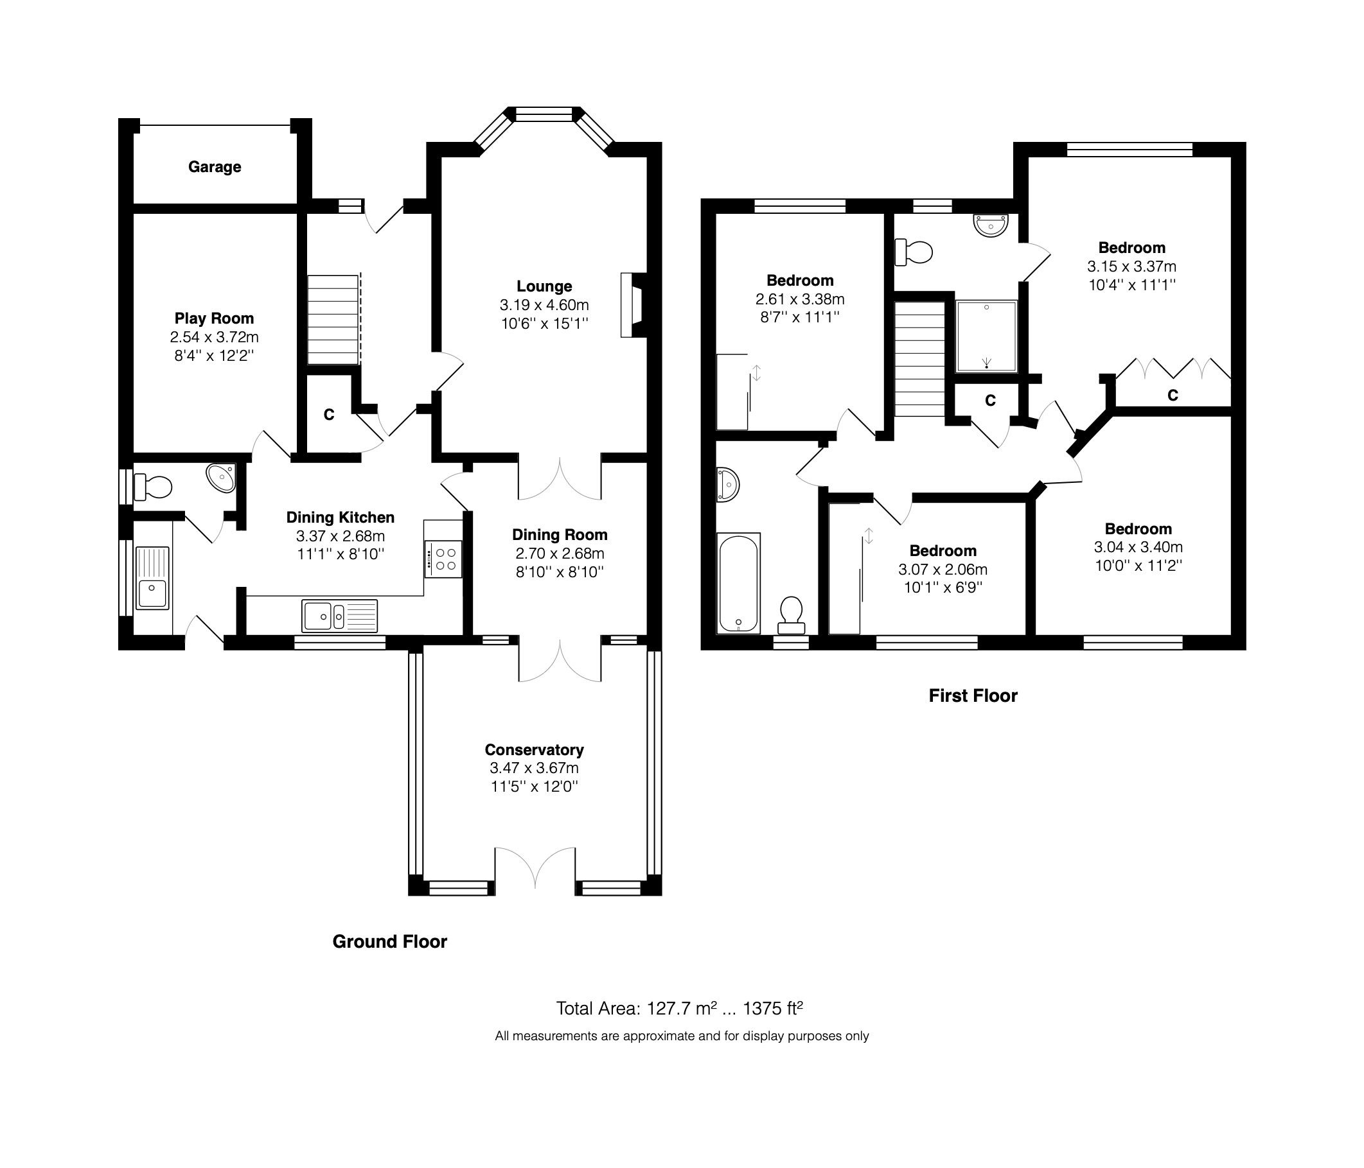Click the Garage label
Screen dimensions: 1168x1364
point(214,167)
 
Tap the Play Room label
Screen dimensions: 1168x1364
point(214,318)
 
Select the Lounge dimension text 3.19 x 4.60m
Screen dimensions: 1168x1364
point(544,306)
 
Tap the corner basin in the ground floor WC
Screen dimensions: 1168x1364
point(222,478)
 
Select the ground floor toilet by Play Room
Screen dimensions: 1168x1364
point(153,487)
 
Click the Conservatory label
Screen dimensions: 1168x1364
point(534,750)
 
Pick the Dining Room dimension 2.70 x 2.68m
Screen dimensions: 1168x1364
point(560,553)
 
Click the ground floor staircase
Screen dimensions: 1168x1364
point(333,319)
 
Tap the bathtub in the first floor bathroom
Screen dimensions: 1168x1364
point(739,582)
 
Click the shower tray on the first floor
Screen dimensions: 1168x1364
point(986,336)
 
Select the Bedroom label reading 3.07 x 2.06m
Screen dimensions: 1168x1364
point(943,551)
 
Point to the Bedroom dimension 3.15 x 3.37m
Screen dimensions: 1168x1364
point(1131,266)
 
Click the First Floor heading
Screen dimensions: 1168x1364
point(972,696)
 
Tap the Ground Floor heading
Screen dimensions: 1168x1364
point(390,941)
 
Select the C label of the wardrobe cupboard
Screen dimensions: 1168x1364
point(1173,396)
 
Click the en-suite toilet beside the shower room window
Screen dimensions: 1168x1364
point(914,252)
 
